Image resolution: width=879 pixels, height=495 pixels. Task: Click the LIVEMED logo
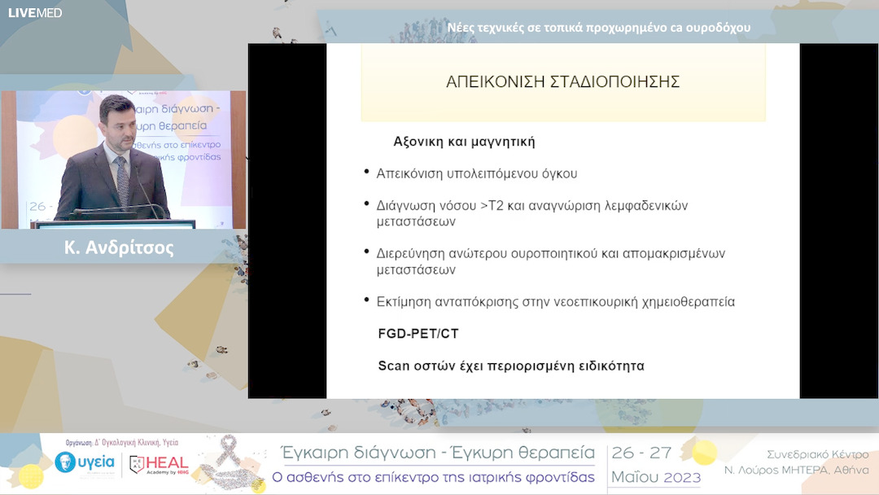(x=35, y=12)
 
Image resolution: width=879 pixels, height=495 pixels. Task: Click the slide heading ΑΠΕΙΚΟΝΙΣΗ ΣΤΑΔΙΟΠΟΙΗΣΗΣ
(x=562, y=82)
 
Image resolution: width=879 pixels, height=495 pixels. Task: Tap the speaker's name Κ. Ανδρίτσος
(x=119, y=247)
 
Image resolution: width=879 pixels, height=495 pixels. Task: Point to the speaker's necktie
(x=122, y=180)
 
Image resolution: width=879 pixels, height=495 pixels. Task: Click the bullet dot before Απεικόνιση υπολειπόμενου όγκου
(x=367, y=173)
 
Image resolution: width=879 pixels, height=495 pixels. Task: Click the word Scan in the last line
(x=394, y=366)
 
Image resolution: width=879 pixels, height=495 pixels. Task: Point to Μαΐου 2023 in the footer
(x=645, y=476)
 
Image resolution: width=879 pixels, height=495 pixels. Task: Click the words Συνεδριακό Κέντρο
(x=817, y=454)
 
